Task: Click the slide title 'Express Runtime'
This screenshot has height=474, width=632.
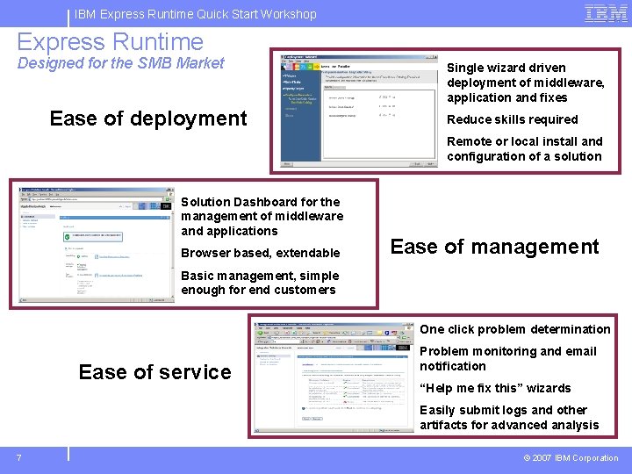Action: tap(110, 41)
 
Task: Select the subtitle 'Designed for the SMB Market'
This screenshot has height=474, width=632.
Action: tap(120, 63)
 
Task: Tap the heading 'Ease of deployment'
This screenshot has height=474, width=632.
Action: tap(148, 118)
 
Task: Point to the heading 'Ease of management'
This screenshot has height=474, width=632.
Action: tap(494, 247)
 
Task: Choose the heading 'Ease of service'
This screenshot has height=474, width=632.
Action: tap(154, 372)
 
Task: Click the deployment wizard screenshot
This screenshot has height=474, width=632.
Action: tap(358, 109)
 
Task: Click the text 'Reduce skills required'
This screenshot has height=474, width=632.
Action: tap(512, 119)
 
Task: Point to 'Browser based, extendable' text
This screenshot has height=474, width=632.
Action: tap(260, 253)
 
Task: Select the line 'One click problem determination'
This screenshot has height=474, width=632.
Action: tap(514, 329)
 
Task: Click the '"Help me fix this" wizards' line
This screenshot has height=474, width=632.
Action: tap(495, 388)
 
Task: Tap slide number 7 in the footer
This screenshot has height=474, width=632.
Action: tap(18, 457)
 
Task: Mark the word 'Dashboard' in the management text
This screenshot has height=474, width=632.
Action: tap(261, 201)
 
